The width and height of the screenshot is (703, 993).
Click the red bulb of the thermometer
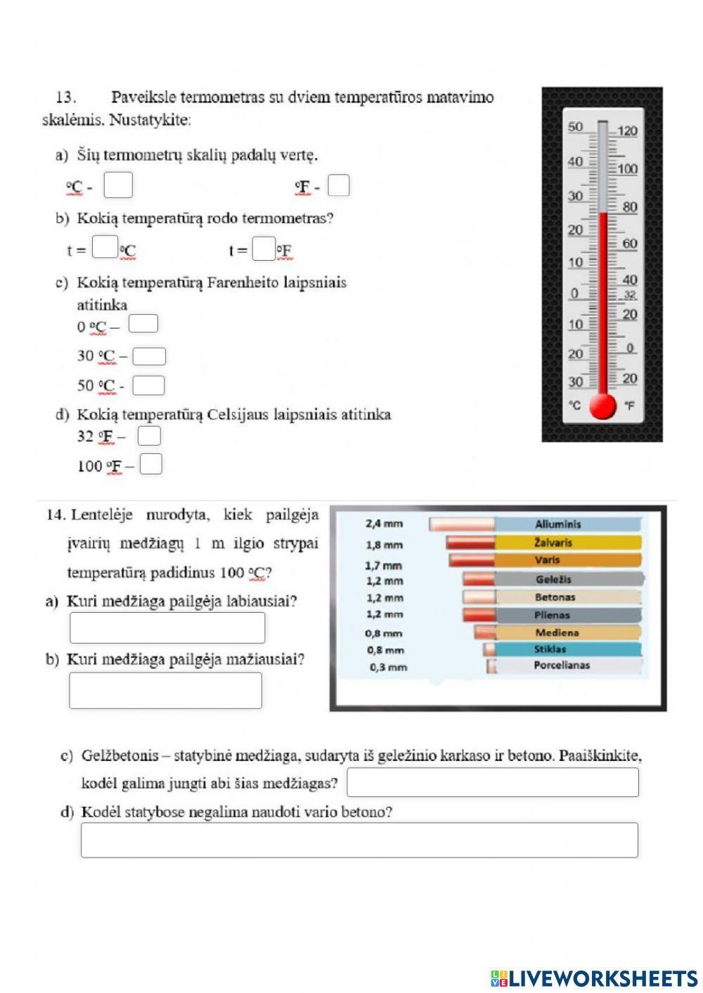pyautogui.click(x=602, y=405)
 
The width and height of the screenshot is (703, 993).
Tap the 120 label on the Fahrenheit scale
pyautogui.click(x=627, y=131)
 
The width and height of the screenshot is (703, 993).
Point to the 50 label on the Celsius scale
pyautogui.click(x=575, y=127)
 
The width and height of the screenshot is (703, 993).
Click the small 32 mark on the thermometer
pyautogui.click(x=630, y=295)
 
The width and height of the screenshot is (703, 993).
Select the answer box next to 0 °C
pyautogui.click(x=143, y=323)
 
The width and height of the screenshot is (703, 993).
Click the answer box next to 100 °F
pyautogui.click(x=151, y=465)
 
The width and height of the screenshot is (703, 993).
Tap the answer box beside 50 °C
pyautogui.click(x=148, y=385)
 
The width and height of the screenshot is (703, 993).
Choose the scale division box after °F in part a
pyautogui.click(x=339, y=186)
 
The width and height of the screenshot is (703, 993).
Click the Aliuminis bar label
pyautogui.click(x=558, y=524)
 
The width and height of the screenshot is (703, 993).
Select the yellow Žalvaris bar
pyautogui.click(x=568, y=543)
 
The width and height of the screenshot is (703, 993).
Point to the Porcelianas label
pyautogui.click(x=562, y=665)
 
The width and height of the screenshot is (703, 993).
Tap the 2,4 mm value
pyautogui.click(x=385, y=524)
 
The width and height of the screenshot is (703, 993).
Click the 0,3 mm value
pyautogui.click(x=388, y=667)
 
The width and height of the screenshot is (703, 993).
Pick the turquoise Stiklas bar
pyautogui.click(x=568, y=649)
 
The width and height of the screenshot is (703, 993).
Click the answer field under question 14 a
pyautogui.click(x=167, y=628)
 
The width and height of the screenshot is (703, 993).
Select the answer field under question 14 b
pyautogui.click(x=165, y=690)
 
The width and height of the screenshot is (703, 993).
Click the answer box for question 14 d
pyautogui.click(x=359, y=840)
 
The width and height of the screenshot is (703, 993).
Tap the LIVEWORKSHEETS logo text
pyautogui.click(x=603, y=978)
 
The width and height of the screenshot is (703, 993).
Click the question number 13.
pyautogui.click(x=65, y=97)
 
